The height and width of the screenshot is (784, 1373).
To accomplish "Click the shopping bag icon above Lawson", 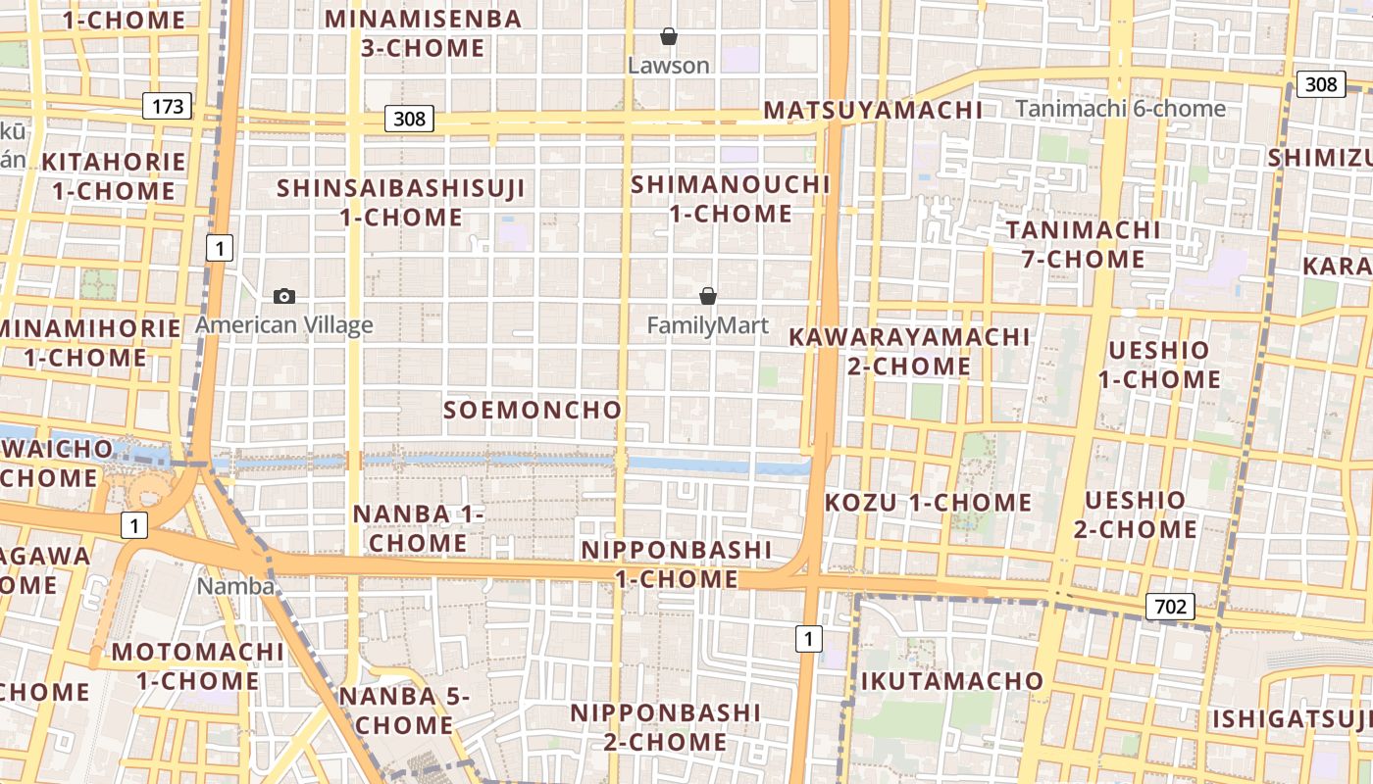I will tap(669, 37).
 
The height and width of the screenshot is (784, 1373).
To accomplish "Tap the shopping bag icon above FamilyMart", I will tap(708, 296).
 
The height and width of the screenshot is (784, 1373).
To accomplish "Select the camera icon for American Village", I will tap(284, 296).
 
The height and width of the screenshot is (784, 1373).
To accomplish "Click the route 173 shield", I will tap(168, 106).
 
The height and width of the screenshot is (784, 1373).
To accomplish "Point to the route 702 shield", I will tap(1170, 608).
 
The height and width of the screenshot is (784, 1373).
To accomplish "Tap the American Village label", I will tap(284, 325).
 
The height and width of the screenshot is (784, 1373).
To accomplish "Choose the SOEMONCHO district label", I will tap(533, 410).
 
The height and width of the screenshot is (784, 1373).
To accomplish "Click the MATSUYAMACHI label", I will tap(873, 110).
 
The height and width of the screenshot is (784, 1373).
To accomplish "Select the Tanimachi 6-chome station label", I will tap(1120, 109).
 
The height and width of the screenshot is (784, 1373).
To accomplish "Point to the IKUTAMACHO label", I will tap(952, 681).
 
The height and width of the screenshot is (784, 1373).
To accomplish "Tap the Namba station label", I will tap(235, 586).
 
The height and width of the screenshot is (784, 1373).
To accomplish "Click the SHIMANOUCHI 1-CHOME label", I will tap(731, 199).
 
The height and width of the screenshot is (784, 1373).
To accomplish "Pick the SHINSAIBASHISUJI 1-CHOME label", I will tap(401, 202).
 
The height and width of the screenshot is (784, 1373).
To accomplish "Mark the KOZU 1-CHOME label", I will tap(928, 503).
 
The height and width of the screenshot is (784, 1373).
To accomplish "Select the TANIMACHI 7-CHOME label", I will tap(1083, 244).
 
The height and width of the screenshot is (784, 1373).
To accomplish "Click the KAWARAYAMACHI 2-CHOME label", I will tap(910, 351).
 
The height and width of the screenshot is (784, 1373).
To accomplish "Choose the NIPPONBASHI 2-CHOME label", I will tap(666, 727).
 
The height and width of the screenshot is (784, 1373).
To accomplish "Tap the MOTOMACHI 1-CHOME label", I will tap(198, 666).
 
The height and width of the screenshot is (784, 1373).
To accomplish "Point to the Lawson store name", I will tap(669, 66).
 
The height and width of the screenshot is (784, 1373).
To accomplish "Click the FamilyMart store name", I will tap(708, 325).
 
